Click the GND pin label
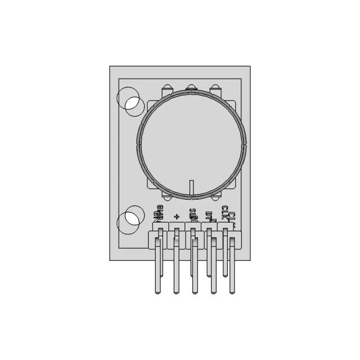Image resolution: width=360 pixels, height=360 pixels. tap(159, 214)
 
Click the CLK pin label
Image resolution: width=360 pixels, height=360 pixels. tap(226, 213)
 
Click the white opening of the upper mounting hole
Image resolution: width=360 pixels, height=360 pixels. tap(134, 103)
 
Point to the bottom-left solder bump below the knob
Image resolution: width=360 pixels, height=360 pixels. tap(166, 197)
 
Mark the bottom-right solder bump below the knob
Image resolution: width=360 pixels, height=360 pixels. tap(215, 197)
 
